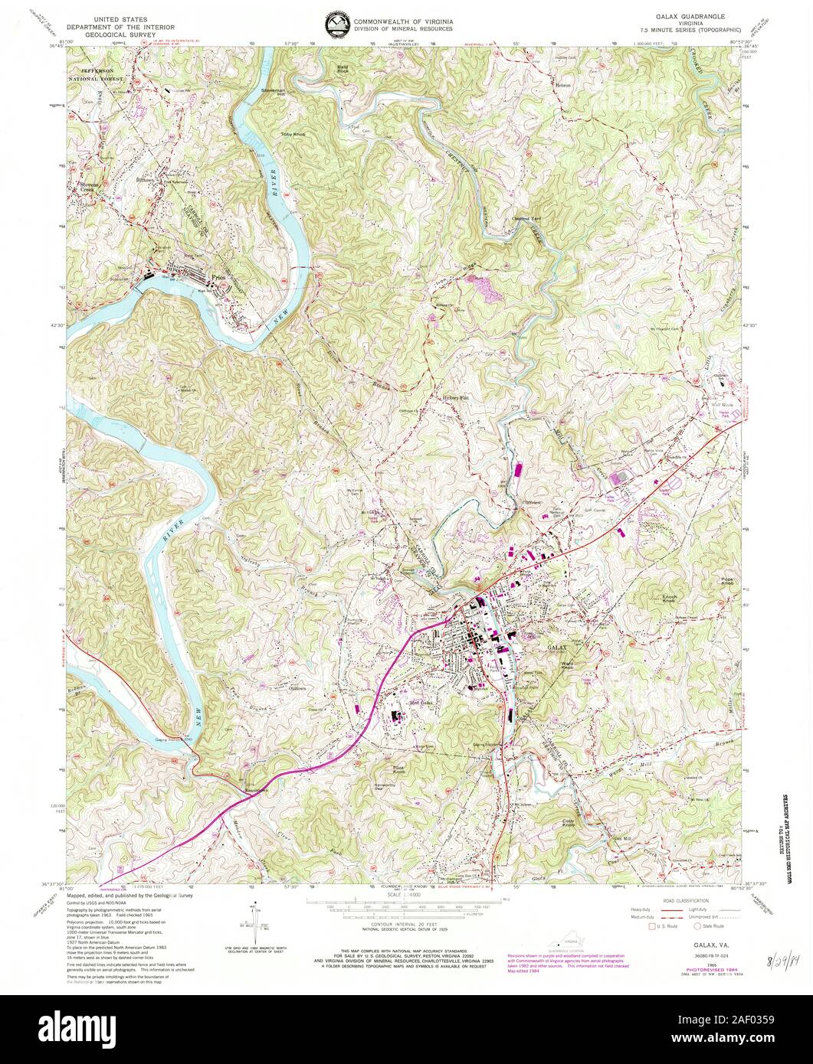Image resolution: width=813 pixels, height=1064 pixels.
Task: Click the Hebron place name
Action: (x=563, y=83)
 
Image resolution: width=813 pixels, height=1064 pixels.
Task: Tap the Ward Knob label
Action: (x=567, y=665)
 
